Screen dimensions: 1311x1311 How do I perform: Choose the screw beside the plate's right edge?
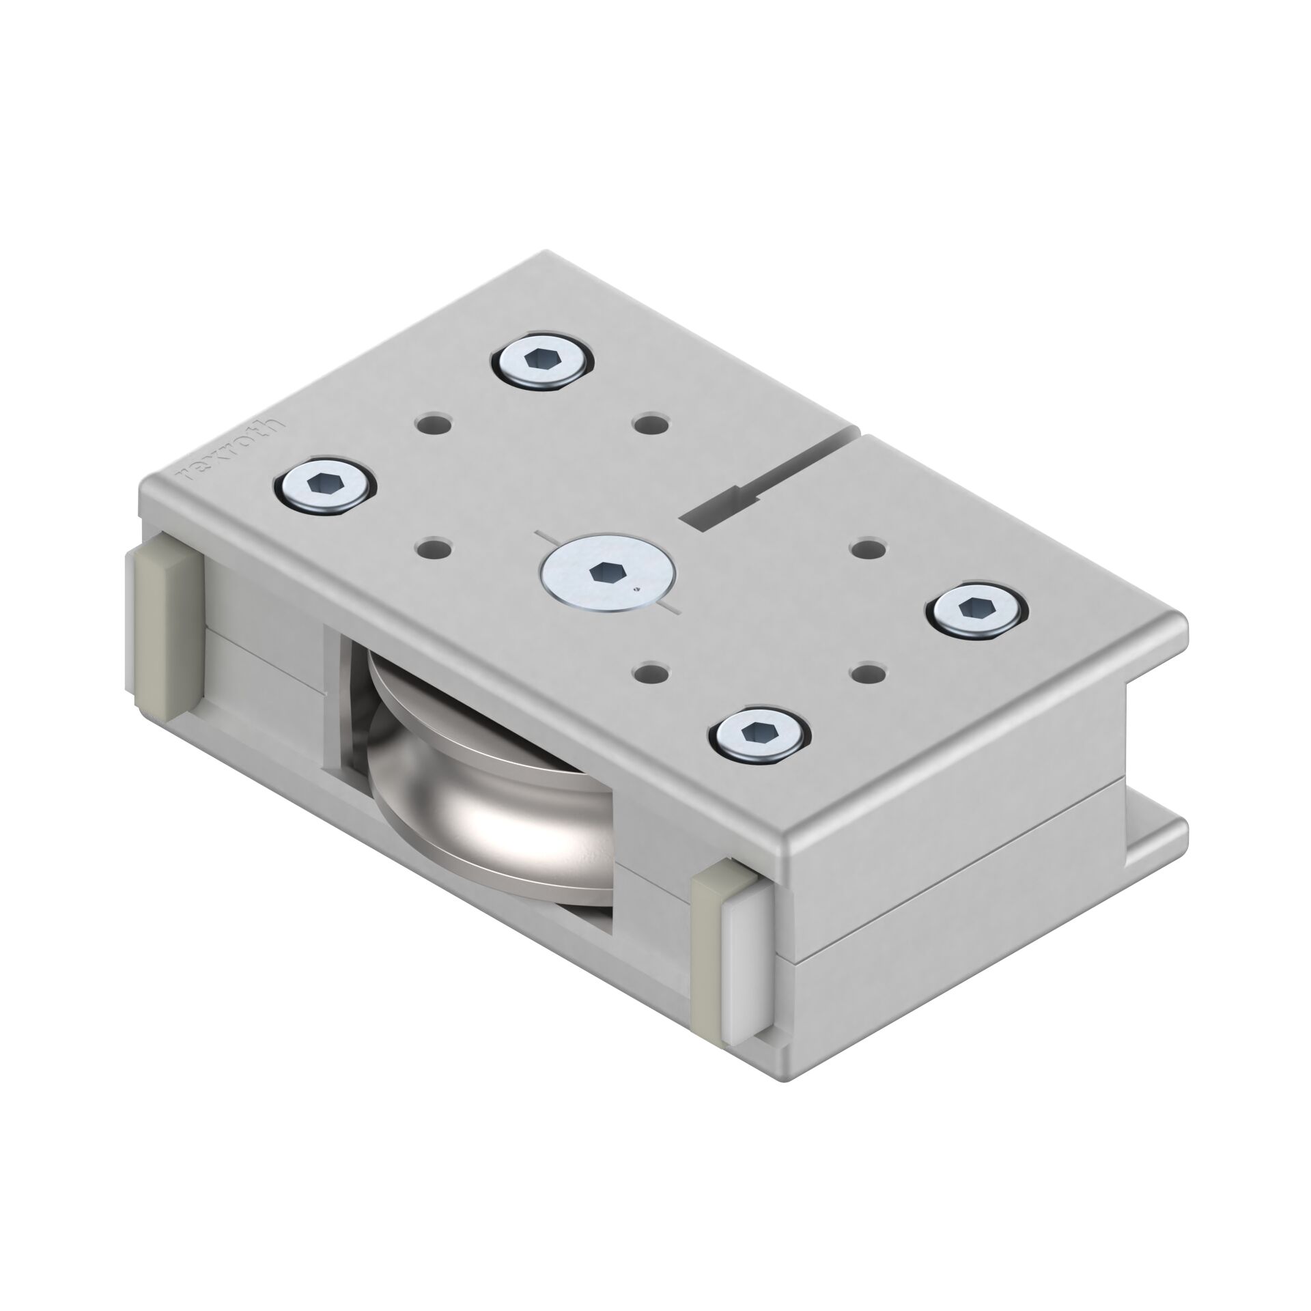[977, 607]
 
